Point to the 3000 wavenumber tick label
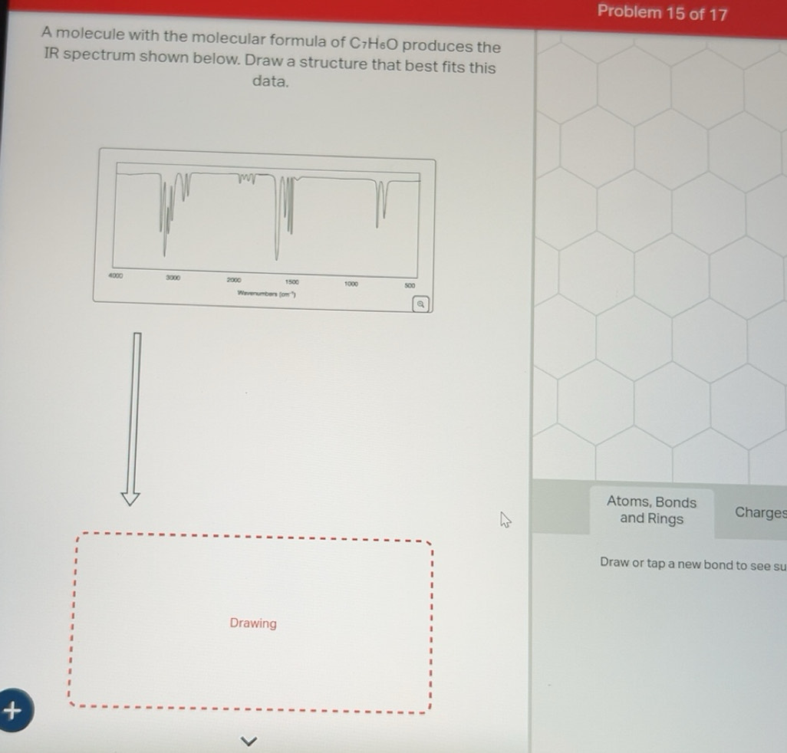tap(173, 277)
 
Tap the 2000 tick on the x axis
tap(234, 281)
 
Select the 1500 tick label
tap(292, 283)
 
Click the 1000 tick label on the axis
tap(352, 284)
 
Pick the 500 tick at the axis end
tap(410, 285)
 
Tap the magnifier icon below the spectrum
tap(420, 304)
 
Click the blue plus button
tap(12, 711)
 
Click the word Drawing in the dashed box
tap(253, 623)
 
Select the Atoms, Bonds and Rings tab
tap(651, 511)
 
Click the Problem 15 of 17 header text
tap(662, 12)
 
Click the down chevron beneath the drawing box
tap(247, 741)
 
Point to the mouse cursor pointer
tap(504, 521)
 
